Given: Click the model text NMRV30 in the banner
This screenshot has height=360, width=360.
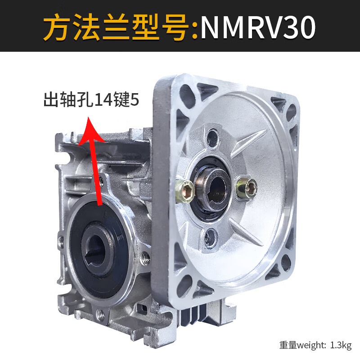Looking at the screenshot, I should tap(258, 28).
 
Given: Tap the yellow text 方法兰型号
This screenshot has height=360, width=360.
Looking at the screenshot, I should tap(118, 28).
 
